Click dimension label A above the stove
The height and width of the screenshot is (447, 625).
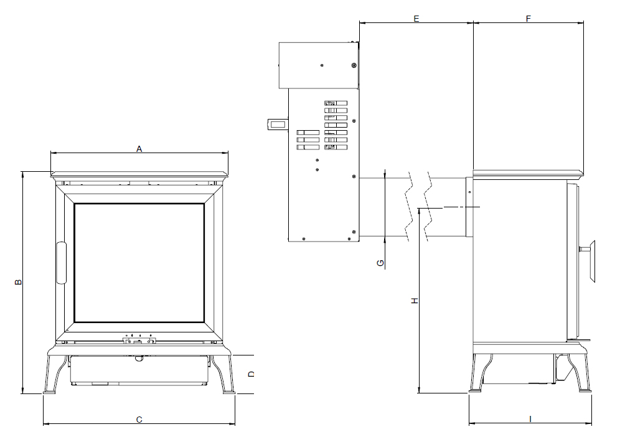(x=139, y=149)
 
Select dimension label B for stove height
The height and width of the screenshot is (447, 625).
(x=19, y=282)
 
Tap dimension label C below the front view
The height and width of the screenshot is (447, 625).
(x=139, y=420)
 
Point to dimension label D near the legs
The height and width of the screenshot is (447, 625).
(x=251, y=374)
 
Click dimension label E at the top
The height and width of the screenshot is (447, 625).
(x=416, y=19)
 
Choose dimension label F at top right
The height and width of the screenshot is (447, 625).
(x=528, y=19)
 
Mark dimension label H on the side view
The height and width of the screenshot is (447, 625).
(x=414, y=301)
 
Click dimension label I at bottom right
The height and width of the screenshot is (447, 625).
(x=530, y=419)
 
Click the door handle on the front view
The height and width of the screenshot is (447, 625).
(x=61, y=263)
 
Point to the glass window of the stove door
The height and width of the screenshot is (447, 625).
(x=139, y=262)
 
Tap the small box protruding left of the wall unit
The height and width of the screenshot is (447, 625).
(x=278, y=125)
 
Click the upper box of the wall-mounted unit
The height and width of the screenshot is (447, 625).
(x=317, y=65)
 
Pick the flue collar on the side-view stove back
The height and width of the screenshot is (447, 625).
(x=469, y=207)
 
